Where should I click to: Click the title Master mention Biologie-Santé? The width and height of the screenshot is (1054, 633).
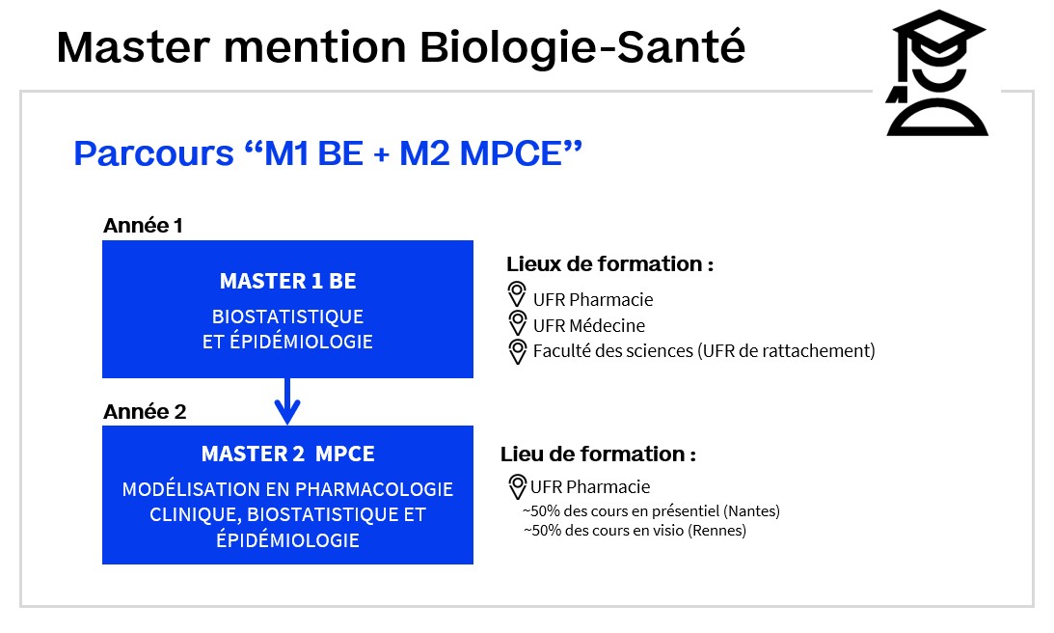[400, 47]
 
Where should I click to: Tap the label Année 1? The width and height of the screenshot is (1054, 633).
[143, 226]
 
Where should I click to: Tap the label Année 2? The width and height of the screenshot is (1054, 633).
[145, 411]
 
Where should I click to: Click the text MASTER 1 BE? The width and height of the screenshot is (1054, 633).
[287, 281]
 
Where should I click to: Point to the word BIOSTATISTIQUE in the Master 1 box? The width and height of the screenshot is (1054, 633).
[287, 316]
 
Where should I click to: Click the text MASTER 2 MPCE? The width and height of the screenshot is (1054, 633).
[287, 454]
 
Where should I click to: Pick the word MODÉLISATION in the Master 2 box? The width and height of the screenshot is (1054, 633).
[181, 489]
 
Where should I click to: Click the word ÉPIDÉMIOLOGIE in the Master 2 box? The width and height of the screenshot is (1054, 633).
[287, 539]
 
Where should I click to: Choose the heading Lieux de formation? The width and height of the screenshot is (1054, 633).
[609, 263]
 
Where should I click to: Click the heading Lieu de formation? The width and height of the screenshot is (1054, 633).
[598, 454]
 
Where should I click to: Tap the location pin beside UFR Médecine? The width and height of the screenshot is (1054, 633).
[517, 323]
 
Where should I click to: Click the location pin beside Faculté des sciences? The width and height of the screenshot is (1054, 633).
[517, 350]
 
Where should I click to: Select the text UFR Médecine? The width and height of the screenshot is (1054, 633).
[588, 325]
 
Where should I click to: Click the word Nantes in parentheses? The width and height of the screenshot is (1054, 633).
[754, 511]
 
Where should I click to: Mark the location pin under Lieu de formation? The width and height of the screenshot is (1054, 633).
[517, 485]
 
